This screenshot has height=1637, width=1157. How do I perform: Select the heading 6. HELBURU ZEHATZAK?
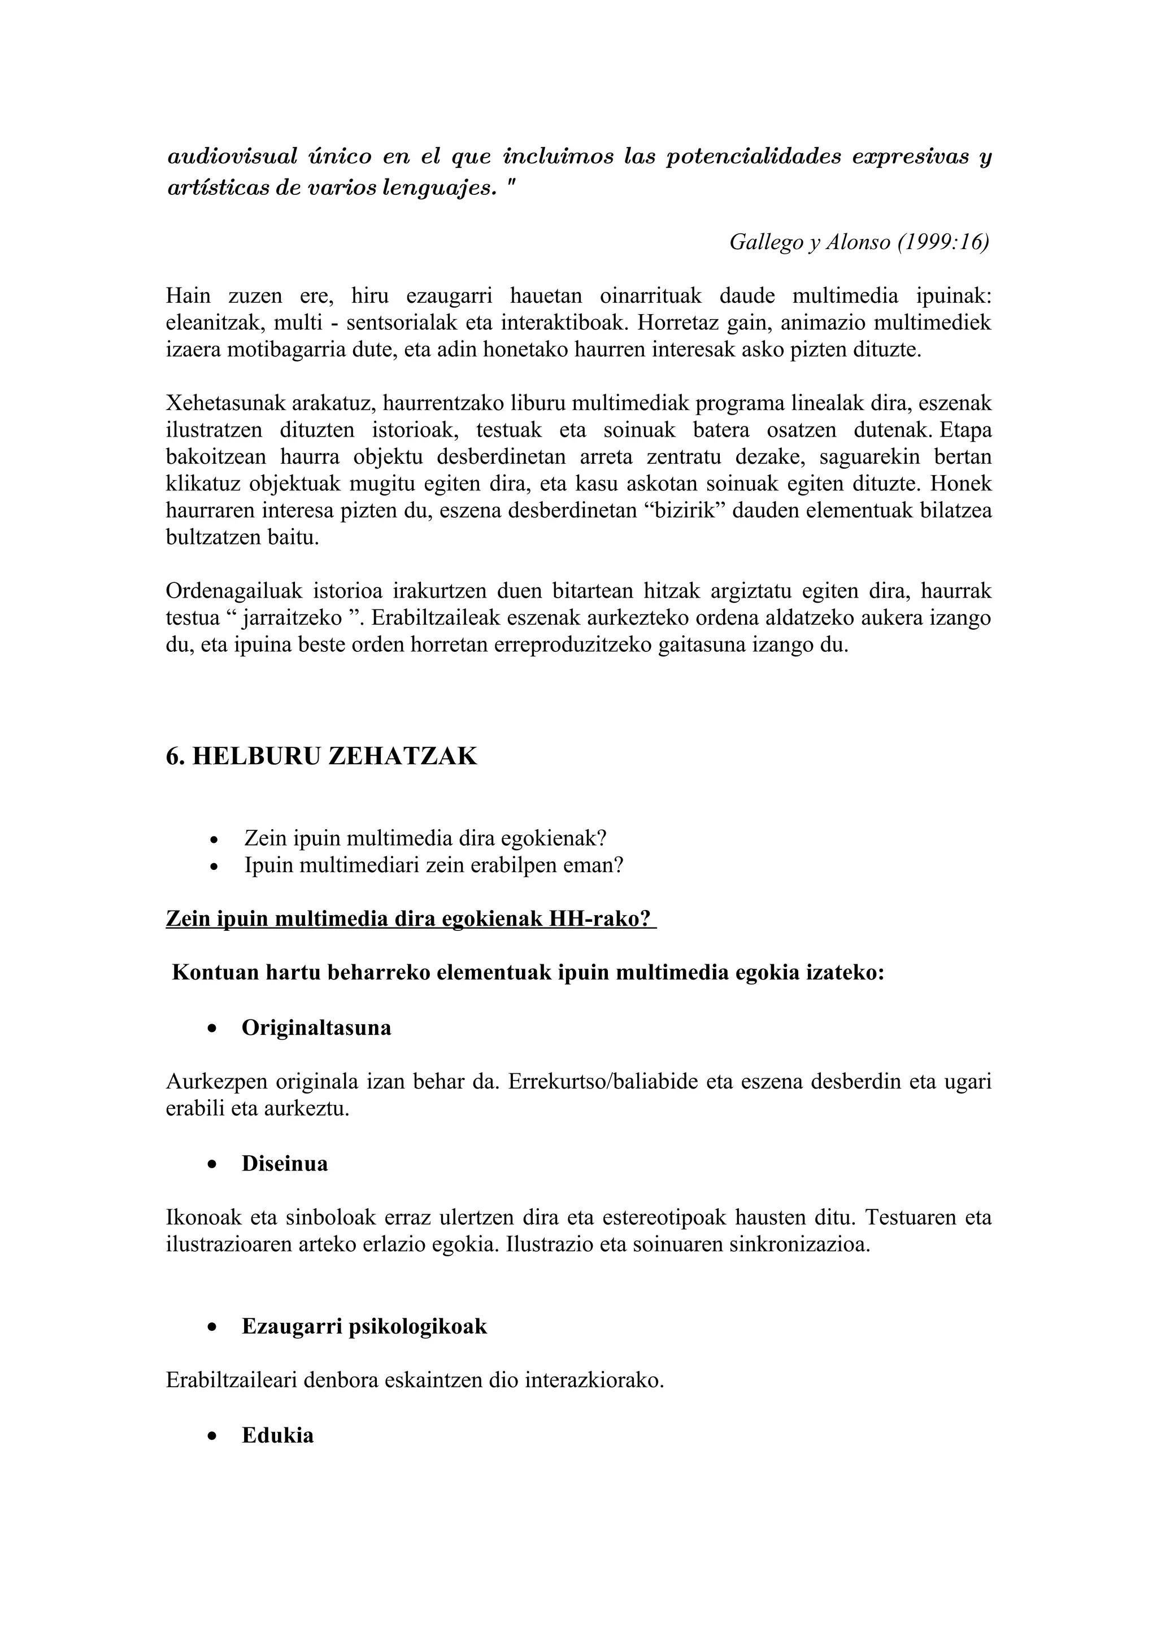(321, 756)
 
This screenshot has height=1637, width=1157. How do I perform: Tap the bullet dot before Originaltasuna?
(212, 1029)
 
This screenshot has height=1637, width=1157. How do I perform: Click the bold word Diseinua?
(284, 1164)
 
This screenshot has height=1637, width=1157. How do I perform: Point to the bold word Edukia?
(277, 1435)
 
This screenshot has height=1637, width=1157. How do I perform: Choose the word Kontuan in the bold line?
(215, 973)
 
